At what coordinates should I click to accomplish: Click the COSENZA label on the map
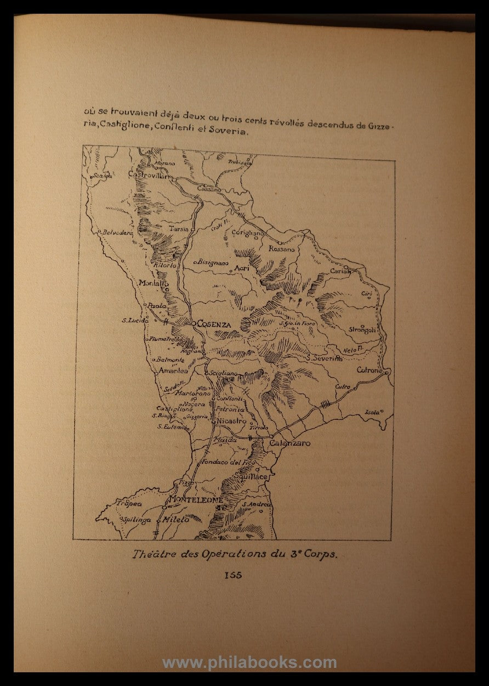[x=215, y=324]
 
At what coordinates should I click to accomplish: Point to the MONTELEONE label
[x=196, y=500]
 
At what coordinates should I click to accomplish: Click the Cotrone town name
[x=369, y=370]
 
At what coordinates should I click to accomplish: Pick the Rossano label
[x=281, y=249]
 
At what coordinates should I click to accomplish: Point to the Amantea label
[x=173, y=370]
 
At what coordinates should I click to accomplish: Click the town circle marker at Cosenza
[x=194, y=324]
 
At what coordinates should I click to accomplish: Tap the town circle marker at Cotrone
[x=386, y=372]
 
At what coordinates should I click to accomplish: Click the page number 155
[x=233, y=575]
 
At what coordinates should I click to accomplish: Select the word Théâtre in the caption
[x=151, y=554]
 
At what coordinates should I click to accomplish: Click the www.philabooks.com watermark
[x=249, y=663]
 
